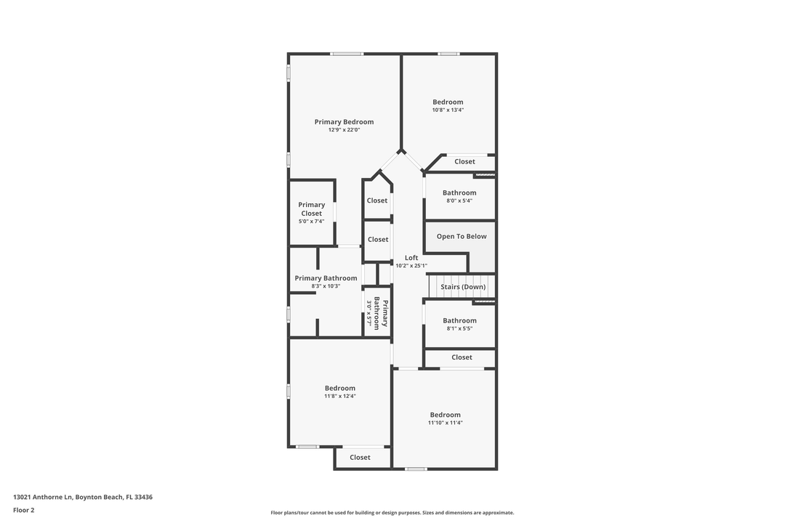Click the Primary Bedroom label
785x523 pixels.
click(344, 122)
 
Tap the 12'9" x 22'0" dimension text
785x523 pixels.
click(344, 130)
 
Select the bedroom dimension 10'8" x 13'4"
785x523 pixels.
click(448, 110)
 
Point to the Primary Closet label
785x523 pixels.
click(312, 209)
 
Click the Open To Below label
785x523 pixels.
click(462, 236)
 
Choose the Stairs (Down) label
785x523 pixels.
click(463, 287)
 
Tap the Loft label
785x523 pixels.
click(411, 258)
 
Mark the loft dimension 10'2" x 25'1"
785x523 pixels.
click(411, 266)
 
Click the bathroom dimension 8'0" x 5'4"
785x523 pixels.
click(459, 200)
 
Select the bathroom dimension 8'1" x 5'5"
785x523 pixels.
click(459, 328)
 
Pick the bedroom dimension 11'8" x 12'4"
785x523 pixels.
click(340, 396)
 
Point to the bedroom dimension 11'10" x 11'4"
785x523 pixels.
click(445, 423)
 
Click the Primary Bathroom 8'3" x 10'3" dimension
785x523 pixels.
click(326, 286)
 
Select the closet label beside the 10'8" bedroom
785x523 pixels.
click(464, 161)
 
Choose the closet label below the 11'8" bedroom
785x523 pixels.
click(360, 458)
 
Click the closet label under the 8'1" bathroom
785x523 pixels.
click(462, 357)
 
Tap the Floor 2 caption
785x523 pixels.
click(23, 510)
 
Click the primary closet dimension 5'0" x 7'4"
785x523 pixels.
click(312, 222)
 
